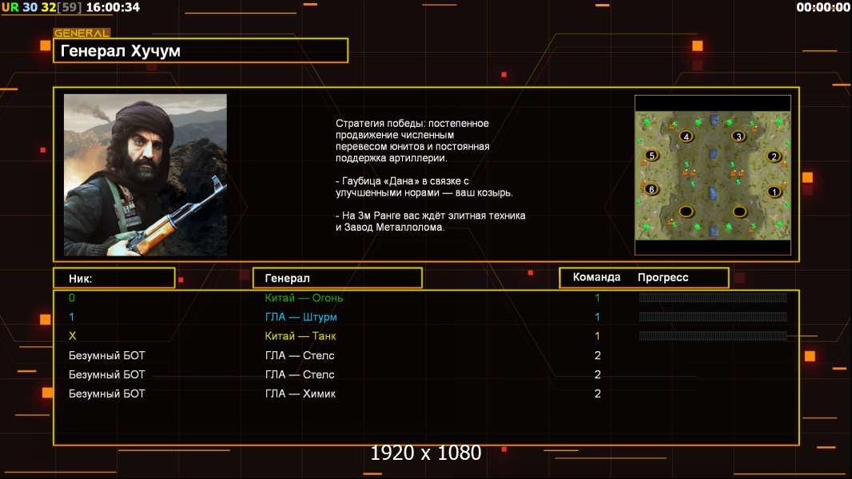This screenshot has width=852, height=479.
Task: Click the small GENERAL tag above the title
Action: [82, 34]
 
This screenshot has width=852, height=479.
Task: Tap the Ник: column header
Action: [81, 278]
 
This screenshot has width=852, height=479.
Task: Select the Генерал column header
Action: [288, 278]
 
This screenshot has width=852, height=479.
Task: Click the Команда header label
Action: [596, 277]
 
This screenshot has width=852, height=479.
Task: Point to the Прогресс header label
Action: [663, 277]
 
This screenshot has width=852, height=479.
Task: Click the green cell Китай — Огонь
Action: [305, 298]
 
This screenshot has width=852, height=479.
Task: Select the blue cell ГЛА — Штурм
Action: [301, 317]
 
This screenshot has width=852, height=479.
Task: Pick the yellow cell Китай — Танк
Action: [301, 336]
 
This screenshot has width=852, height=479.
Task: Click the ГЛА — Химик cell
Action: [301, 394]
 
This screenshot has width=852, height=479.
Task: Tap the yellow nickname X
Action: [72, 336]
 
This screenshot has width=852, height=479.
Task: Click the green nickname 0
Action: [72, 298]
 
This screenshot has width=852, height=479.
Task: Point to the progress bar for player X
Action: [713, 336]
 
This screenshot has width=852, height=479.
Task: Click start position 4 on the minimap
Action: [685, 137]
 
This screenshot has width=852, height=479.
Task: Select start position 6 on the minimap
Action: [651, 189]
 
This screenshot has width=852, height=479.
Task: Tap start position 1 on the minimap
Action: [773, 192]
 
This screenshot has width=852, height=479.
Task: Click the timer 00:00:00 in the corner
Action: [823, 7]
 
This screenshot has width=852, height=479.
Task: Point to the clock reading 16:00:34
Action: [113, 7]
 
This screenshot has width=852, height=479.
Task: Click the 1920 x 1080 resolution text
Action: [426, 453]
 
